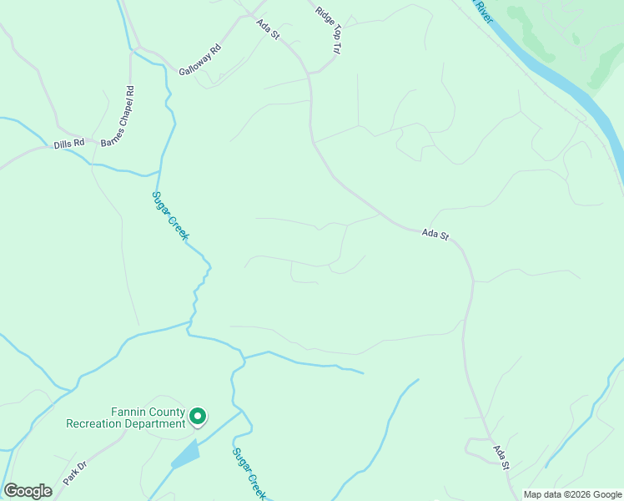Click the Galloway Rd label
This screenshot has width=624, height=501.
(x=200, y=59)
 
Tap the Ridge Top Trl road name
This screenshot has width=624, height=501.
(x=329, y=31)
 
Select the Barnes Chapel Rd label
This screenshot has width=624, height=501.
(x=118, y=116)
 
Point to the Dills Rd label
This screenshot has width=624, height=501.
(x=69, y=144)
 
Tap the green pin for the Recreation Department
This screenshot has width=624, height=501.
(x=198, y=415)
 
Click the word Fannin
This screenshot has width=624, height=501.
(x=128, y=412)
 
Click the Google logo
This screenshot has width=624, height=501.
(x=28, y=491)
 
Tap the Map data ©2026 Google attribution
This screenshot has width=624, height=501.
(x=572, y=494)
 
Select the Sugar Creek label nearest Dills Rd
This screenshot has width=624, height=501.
(x=171, y=215)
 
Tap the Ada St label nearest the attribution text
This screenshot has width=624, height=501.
(x=501, y=458)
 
